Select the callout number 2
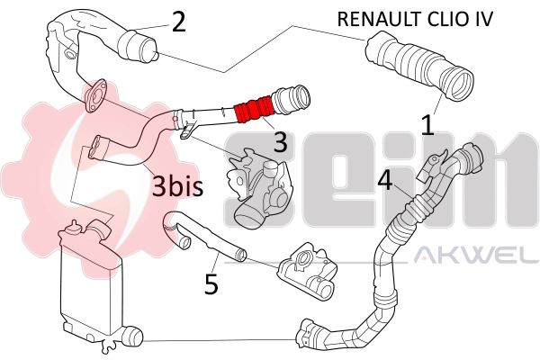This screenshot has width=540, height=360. pyautogui.click(x=178, y=22)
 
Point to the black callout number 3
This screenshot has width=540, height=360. pyautogui.click(x=280, y=141)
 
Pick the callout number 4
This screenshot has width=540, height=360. pyautogui.click(x=384, y=181)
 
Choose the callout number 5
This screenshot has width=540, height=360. pyautogui.click(x=211, y=284)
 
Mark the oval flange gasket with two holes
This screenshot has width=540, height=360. pyautogui.click(x=94, y=101)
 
